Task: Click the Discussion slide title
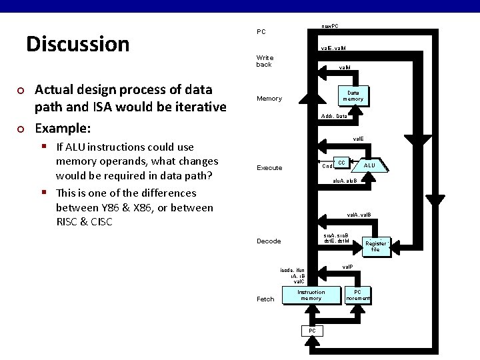click(x=77, y=44)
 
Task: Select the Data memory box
click(x=353, y=95)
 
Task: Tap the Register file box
click(x=375, y=247)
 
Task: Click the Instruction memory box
click(x=311, y=295)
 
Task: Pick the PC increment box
click(x=357, y=295)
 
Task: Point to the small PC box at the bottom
click(x=311, y=331)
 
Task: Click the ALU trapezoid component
click(x=369, y=165)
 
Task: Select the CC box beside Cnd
click(x=341, y=163)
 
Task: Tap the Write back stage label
click(x=265, y=61)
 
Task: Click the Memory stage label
click(x=269, y=99)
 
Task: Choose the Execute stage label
click(x=269, y=168)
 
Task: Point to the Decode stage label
click(x=269, y=241)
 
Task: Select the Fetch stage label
click(x=265, y=299)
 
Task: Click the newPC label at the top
click(x=329, y=26)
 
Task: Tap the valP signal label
click(x=347, y=267)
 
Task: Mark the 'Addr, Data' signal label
click(x=333, y=117)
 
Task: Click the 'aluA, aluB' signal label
click(x=345, y=181)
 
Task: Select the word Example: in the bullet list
click(x=63, y=128)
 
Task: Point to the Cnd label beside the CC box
click(x=327, y=166)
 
